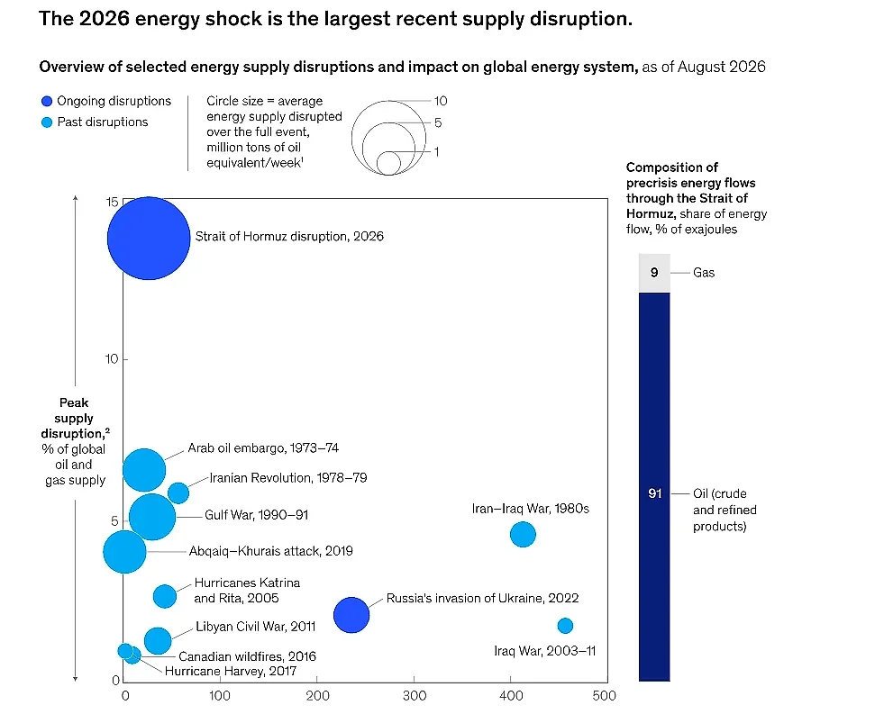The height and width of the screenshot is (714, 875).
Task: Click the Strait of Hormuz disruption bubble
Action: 149,238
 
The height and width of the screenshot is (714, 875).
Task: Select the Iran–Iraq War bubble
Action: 523,535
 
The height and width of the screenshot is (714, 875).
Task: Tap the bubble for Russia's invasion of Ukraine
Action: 351,615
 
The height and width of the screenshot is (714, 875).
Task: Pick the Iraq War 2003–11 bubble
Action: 565,626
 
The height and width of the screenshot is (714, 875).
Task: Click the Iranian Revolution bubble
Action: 178,493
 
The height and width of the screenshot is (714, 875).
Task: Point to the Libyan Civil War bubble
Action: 158,641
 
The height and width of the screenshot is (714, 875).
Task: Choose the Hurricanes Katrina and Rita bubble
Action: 165,596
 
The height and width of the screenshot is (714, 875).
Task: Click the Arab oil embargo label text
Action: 263,448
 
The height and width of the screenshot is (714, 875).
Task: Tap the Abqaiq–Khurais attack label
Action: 271,551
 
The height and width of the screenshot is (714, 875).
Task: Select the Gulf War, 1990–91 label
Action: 257,515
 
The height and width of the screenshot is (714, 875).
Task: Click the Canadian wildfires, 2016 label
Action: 247,656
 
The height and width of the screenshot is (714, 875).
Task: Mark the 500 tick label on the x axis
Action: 605,696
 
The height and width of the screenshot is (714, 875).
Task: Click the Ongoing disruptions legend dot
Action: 47,101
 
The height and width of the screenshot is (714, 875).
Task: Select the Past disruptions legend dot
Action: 47,122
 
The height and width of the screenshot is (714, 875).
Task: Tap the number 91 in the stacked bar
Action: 654,493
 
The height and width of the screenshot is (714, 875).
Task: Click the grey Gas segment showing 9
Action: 654,273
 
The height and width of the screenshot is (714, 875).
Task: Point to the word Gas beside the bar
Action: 704,273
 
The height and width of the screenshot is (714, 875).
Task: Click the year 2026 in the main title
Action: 105,19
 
